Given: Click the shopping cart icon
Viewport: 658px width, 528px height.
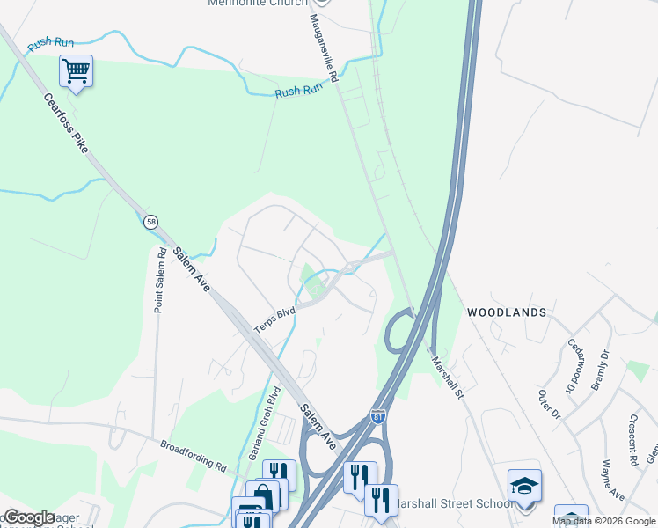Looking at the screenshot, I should pos(76,70).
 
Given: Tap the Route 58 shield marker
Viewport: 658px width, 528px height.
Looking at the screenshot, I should pos(150,222).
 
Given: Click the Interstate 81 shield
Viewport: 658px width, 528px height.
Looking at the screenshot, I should pos(378,415).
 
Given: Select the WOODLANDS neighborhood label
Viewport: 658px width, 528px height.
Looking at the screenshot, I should pos(507,312).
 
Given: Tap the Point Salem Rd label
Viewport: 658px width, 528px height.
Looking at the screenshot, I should pos(160,280).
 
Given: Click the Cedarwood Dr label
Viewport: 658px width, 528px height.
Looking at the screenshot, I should pos(576,365).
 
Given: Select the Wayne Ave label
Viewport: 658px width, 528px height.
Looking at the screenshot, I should pos(606,479).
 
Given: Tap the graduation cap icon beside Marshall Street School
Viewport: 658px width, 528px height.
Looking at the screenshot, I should pos(524,484).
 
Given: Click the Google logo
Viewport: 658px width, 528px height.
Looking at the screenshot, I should pos(29,517).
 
